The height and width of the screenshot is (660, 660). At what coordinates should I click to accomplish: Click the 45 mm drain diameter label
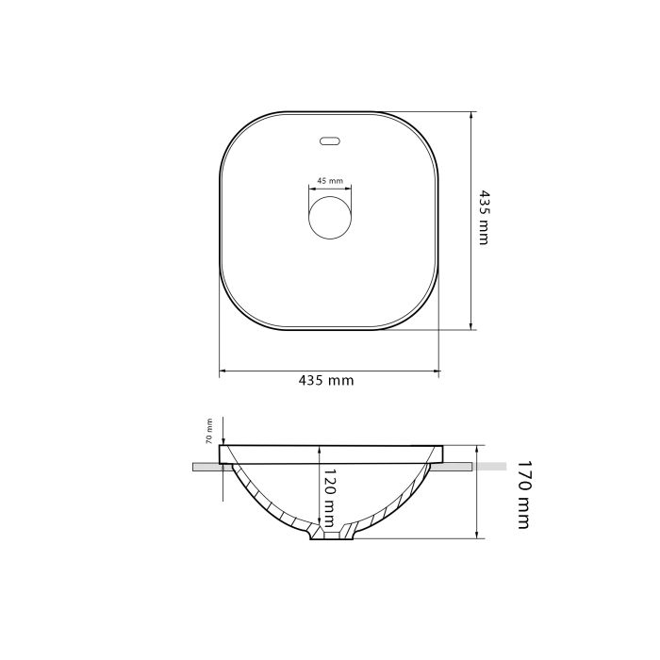[330, 181]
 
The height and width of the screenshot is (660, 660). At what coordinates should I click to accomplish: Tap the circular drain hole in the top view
[330, 218]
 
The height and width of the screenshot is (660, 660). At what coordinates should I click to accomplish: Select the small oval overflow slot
[330, 141]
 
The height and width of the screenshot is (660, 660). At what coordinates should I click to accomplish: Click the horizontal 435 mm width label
[326, 381]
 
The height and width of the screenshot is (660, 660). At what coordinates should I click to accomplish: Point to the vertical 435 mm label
[485, 218]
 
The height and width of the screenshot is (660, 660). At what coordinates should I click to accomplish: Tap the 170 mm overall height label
[523, 495]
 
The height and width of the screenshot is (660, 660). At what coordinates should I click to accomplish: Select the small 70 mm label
[208, 432]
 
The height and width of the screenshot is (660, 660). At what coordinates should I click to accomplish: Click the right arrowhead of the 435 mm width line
[436, 371]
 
